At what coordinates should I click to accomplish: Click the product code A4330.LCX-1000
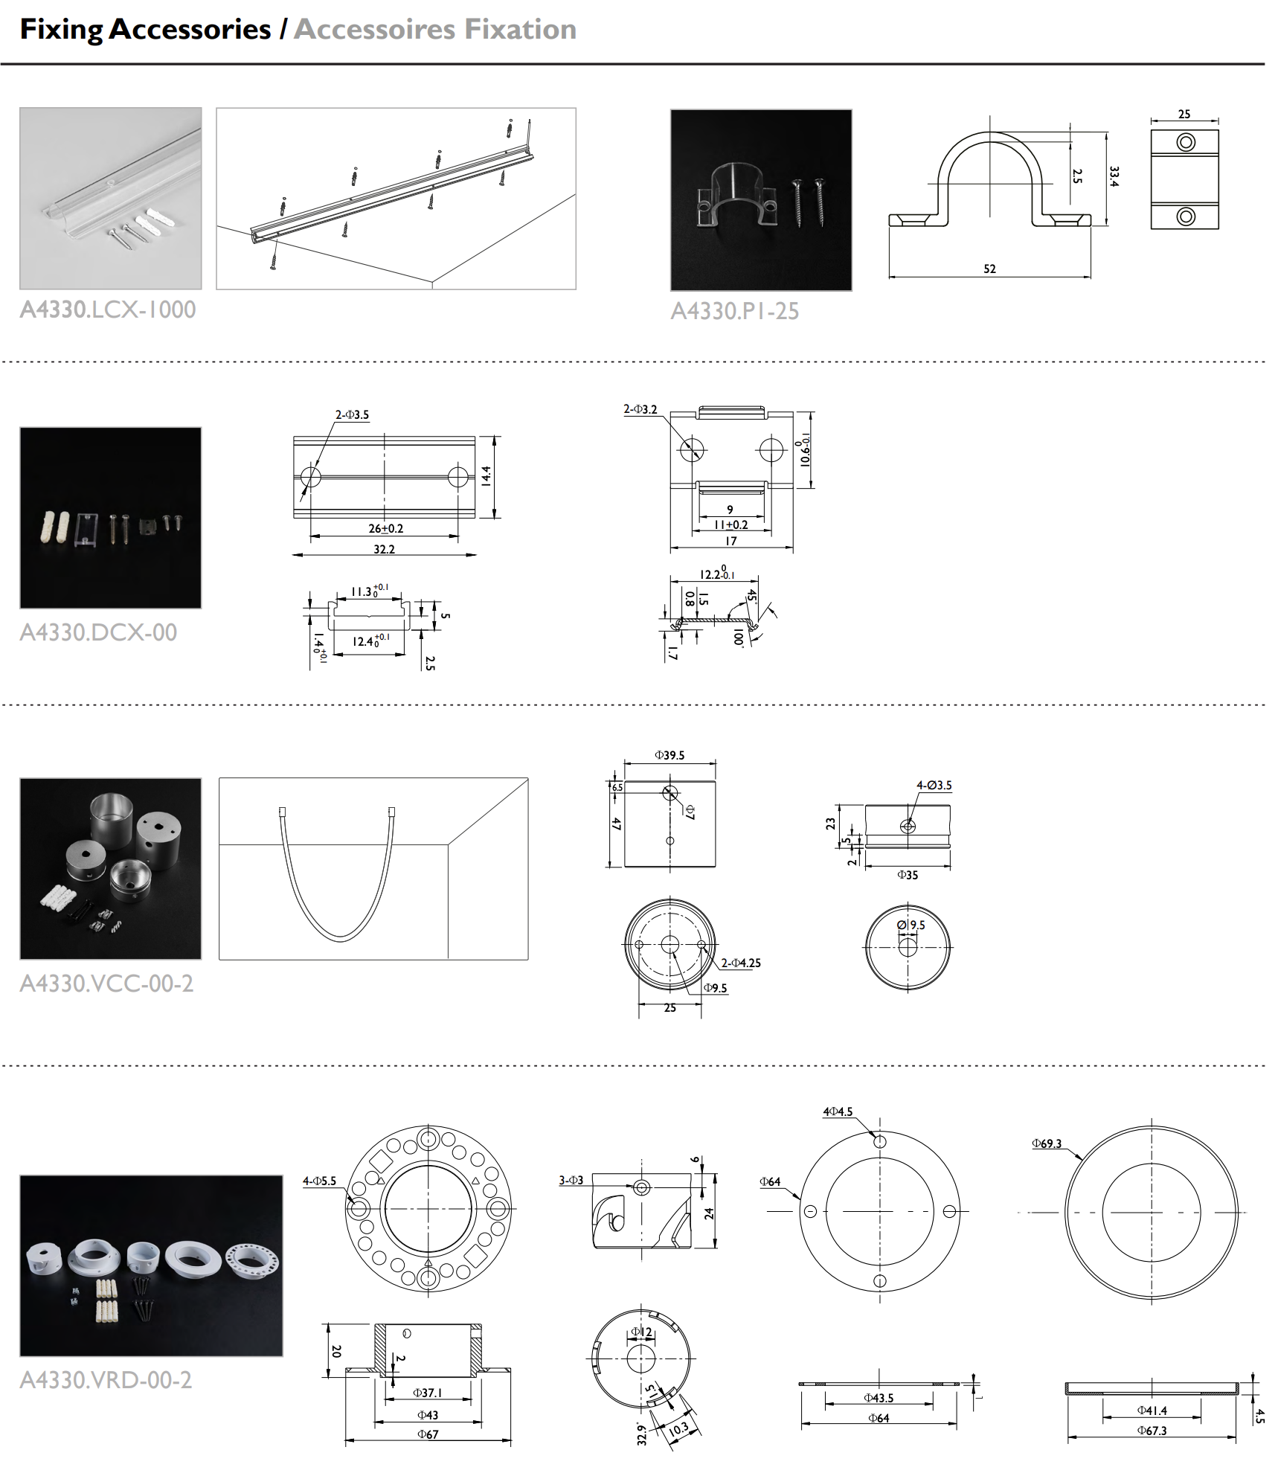108,309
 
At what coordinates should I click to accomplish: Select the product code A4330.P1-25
735,311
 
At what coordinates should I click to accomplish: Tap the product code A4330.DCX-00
98,632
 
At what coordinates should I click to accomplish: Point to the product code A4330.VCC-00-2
106,984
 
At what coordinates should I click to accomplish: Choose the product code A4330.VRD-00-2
106,1380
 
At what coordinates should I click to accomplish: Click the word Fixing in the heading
62,30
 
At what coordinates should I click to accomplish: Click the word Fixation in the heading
521,29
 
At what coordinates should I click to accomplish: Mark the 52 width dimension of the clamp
989,269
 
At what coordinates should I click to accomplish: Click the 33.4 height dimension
1114,176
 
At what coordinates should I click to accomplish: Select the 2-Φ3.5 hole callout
352,415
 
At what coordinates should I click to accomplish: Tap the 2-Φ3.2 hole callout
640,409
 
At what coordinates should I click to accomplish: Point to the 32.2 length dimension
384,549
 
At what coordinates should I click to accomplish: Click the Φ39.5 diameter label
669,755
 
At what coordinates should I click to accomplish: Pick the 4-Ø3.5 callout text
934,785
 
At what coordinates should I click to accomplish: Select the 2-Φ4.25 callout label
741,963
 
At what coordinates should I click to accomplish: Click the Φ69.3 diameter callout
1047,1143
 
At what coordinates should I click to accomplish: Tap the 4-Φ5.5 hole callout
319,1181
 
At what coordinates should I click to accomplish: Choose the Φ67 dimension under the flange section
428,1434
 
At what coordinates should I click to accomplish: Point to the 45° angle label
752,597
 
